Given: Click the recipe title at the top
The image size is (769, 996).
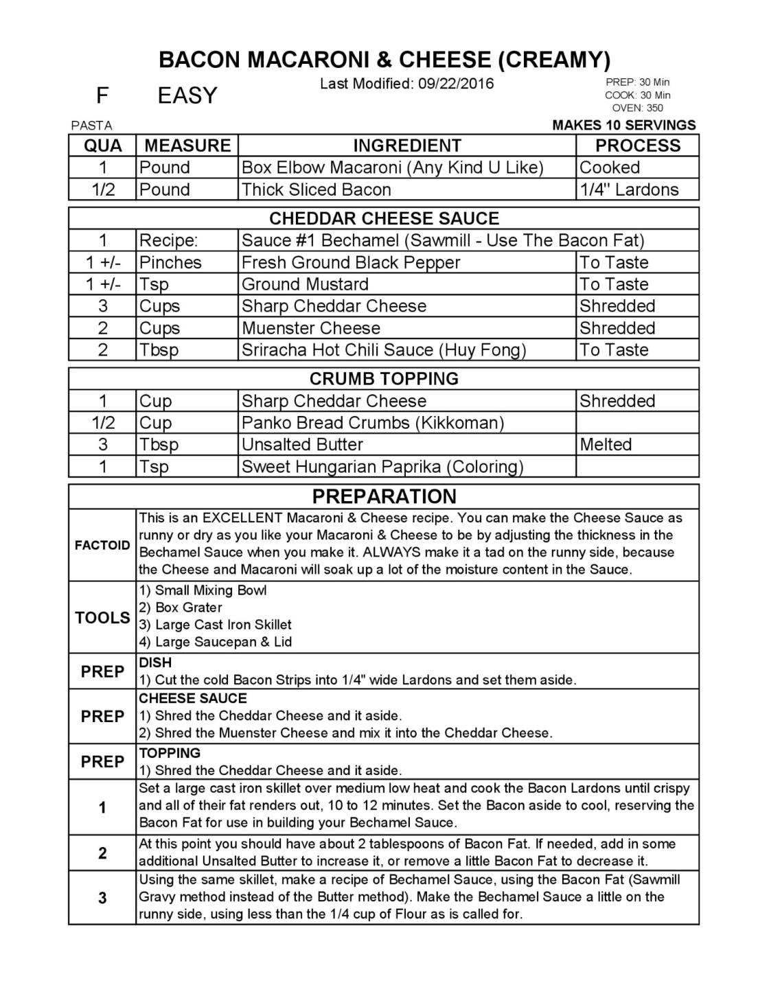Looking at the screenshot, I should click(x=384, y=60).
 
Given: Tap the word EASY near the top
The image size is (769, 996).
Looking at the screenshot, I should click(x=187, y=95).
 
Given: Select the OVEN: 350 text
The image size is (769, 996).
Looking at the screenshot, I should click(x=637, y=108).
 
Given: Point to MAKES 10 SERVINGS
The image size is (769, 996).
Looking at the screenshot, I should click(x=623, y=126).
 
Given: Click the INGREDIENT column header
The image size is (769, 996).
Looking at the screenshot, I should click(x=406, y=146).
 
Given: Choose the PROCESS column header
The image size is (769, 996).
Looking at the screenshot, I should click(x=637, y=146).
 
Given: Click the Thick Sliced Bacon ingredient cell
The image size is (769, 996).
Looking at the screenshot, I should click(x=317, y=189).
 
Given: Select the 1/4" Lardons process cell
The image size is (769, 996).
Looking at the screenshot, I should click(x=629, y=189).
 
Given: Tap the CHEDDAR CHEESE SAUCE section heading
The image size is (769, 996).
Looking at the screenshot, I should click(x=384, y=219).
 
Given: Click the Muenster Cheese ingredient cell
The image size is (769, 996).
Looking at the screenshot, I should click(x=311, y=328).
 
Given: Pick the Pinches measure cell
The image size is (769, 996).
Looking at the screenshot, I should click(x=170, y=263).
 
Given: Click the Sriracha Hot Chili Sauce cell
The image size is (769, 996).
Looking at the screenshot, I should click(x=384, y=350).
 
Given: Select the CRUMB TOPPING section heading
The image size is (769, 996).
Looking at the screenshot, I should click(x=384, y=379).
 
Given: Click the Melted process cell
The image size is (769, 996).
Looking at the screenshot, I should click(x=606, y=445).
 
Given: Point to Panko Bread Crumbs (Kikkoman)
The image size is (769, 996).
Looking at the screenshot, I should click(x=373, y=423).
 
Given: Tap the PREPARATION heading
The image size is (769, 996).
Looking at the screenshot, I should click(x=384, y=496).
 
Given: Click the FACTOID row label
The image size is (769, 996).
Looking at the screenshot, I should click(x=102, y=546).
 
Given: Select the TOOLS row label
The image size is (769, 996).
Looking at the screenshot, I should click(x=102, y=618).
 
